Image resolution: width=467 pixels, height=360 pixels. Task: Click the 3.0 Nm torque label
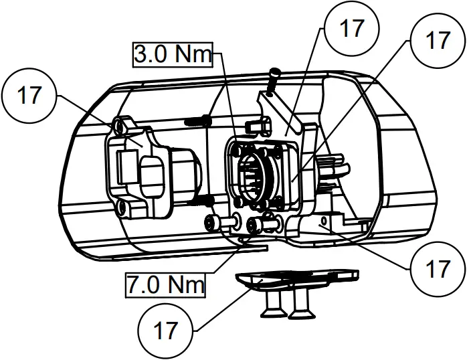pos(173,54)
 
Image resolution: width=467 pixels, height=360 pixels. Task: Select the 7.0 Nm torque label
pos(165,285)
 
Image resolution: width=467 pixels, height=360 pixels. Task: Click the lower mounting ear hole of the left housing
pos(122,209)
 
